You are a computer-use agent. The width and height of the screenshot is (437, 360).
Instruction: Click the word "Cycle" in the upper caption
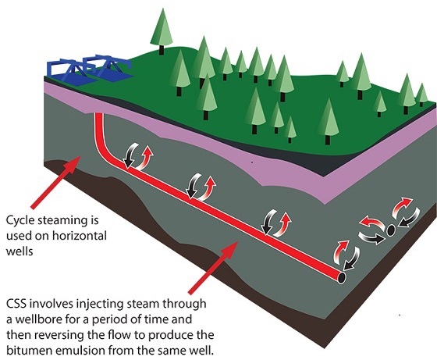tap(20, 220)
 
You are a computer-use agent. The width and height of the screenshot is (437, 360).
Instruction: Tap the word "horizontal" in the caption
tap(80, 236)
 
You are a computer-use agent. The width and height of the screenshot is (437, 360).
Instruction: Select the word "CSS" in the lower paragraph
tap(16, 304)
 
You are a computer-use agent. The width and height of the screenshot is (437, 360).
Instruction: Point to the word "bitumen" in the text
tap(28, 351)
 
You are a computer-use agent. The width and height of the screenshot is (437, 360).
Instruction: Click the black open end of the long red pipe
tap(342, 277)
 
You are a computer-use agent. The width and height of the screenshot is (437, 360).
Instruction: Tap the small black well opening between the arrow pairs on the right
tap(391, 230)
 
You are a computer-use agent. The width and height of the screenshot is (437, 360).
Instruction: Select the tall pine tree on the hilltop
tap(162, 30)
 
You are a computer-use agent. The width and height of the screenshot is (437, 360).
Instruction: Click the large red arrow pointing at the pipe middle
tap(213, 268)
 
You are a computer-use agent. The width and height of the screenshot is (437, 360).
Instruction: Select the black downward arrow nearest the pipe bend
tap(130, 155)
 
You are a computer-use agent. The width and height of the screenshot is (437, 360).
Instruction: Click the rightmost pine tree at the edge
tap(421, 94)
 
